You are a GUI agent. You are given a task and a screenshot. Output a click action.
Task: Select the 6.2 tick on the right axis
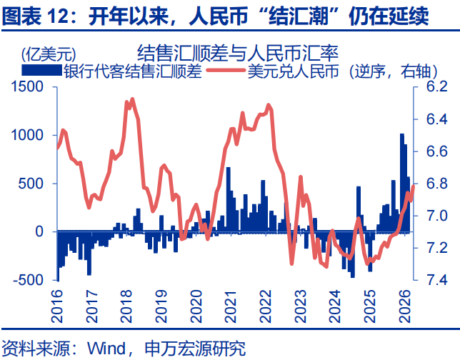(436, 86)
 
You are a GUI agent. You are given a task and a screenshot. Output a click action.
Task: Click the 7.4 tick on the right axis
(436, 280)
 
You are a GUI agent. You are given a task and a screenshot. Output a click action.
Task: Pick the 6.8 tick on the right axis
(436, 184)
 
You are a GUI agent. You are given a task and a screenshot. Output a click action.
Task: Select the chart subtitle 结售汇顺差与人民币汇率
(237, 52)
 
